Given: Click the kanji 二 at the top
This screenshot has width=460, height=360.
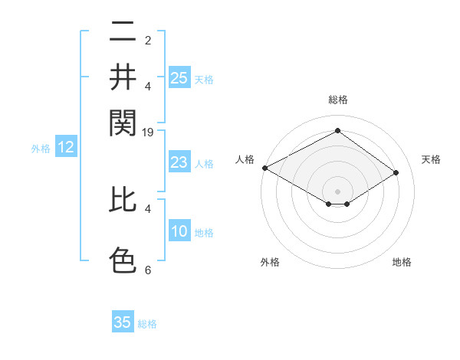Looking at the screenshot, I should (123, 32).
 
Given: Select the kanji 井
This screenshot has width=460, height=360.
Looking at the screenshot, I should (123, 77).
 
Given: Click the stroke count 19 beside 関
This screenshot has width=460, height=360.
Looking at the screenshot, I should (148, 133).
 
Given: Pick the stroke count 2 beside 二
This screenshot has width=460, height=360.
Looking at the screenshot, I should (147, 41).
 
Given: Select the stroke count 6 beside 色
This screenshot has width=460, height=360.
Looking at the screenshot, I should (147, 270).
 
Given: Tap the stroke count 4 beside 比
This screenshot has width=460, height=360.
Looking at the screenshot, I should (147, 208).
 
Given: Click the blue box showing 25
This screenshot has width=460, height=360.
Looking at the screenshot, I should (179, 78).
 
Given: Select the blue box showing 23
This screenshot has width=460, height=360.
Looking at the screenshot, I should (179, 162).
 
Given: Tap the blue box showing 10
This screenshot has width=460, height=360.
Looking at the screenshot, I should (179, 231).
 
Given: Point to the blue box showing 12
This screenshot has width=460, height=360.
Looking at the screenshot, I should (66, 148).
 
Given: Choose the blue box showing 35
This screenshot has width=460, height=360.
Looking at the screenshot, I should (123, 322).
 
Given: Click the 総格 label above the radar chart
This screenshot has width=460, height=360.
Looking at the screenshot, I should (338, 100).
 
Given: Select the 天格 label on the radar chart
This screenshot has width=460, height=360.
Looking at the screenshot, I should (432, 159).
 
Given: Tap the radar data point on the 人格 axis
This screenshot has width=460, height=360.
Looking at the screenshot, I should (264, 168).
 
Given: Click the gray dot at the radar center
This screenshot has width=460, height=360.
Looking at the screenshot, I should (338, 191).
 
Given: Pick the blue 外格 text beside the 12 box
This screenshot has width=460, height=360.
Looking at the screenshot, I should (41, 149).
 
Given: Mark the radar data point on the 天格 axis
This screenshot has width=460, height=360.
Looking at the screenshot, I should (396, 173).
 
